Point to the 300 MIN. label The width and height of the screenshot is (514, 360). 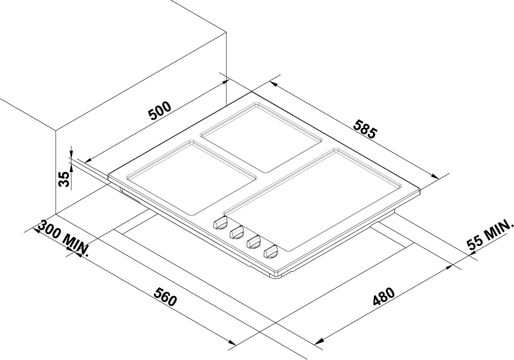(64, 237)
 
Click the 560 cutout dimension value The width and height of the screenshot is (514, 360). (166, 297)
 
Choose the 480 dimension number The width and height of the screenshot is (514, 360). (383, 296)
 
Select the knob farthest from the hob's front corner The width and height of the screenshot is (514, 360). (220, 223)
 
